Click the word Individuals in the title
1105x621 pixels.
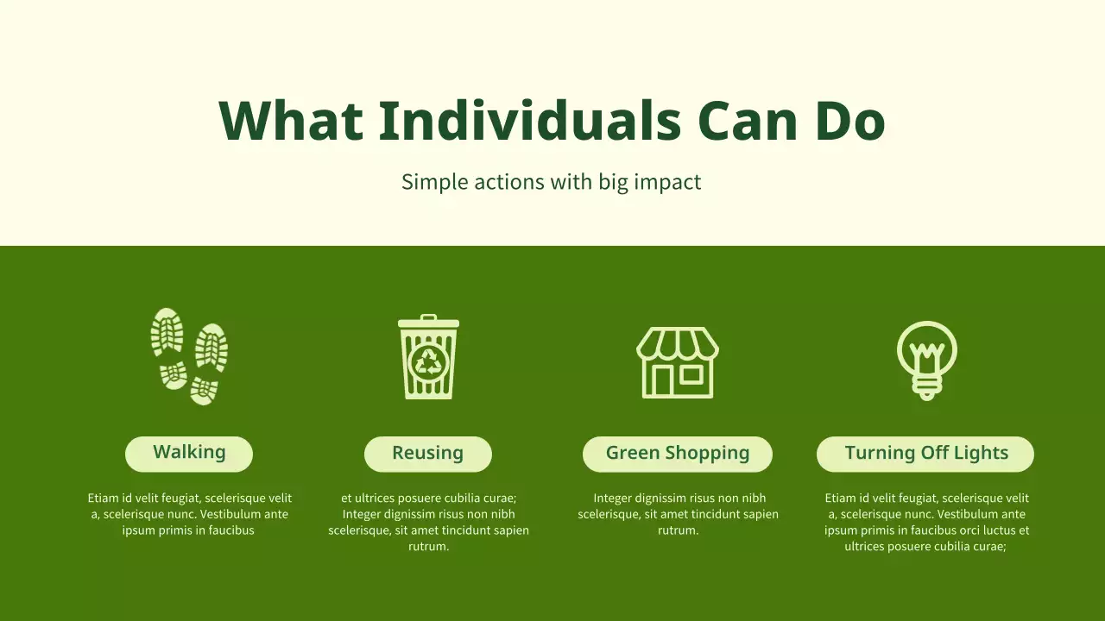click(x=530, y=121)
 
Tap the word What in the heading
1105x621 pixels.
click(x=290, y=121)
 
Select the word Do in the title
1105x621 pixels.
click(x=849, y=121)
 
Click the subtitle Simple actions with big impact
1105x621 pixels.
click(x=551, y=182)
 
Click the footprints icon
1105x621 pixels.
click(x=189, y=355)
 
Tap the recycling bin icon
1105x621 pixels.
click(x=428, y=356)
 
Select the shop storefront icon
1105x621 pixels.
click(x=678, y=362)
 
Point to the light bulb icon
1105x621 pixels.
click(x=926, y=359)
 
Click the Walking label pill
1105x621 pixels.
click(x=189, y=454)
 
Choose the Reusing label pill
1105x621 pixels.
click(x=427, y=454)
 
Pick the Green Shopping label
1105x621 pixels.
click(x=678, y=454)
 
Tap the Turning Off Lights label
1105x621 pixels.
click(x=925, y=454)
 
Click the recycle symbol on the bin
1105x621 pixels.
click(x=428, y=362)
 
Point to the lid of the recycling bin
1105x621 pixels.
click(x=428, y=323)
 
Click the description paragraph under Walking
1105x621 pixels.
click(x=189, y=514)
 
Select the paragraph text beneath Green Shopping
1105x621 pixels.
click(x=678, y=514)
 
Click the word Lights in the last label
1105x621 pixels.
click(x=979, y=454)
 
